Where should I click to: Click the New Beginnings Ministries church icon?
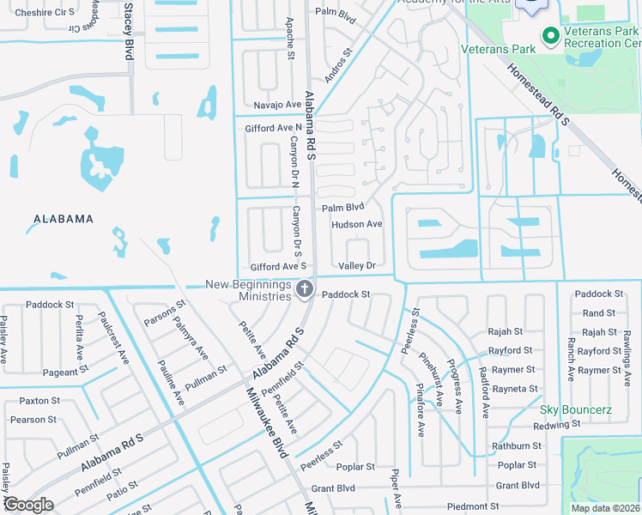[x=303, y=290]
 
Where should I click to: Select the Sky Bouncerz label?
[x=576, y=409]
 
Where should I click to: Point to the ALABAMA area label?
[x=64, y=219]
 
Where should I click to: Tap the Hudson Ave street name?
[x=356, y=224]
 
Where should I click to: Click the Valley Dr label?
[x=357, y=266]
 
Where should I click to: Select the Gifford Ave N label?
[x=269, y=128]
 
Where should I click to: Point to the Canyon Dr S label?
[x=297, y=232]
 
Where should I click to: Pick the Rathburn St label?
[x=516, y=445]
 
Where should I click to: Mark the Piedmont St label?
[x=473, y=506]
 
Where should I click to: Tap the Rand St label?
[x=598, y=313]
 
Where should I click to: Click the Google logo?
[x=28, y=505]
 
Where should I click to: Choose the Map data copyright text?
[x=605, y=508]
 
